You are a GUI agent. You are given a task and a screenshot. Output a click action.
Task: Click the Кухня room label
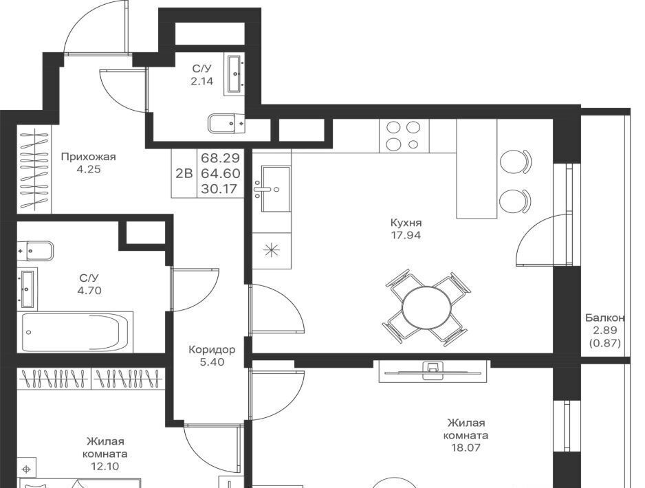click(406, 223)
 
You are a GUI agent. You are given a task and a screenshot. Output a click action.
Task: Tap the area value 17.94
click(406, 236)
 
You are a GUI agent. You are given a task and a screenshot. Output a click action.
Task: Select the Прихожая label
click(89, 157)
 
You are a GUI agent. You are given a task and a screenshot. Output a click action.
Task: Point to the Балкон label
click(605, 318)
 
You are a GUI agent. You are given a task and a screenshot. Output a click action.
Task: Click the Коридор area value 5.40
click(212, 362)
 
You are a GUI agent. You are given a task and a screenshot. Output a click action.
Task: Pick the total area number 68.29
click(221, 158)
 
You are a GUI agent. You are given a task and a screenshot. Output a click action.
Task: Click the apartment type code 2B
click(184, 173)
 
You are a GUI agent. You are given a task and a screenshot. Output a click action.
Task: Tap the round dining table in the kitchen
click(426, 307)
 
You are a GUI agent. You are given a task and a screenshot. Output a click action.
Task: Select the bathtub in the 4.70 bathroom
click(75, 332)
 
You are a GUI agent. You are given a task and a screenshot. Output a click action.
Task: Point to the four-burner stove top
click(404, 136)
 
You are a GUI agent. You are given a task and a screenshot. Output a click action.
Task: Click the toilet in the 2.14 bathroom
click(226, 122)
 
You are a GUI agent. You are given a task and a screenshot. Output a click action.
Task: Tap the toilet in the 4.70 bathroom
click(35, 250)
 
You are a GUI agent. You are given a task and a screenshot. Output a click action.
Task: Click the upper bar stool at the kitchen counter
click(515, 162)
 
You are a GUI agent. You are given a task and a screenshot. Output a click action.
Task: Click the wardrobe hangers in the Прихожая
click(34, 169)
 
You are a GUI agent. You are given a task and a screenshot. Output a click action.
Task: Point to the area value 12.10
click(105, 466)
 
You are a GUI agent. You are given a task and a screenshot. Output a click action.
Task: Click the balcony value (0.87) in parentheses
click(604, 343)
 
